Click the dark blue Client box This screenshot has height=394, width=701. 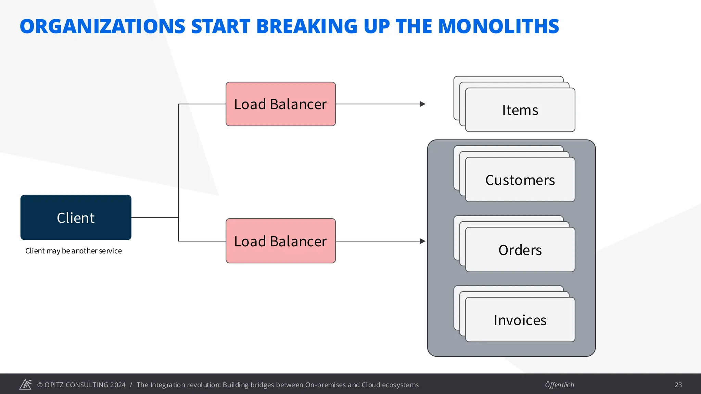[x=76, y=218]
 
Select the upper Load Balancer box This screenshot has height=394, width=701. [x=280, y=104]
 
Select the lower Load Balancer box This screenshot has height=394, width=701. [x=280, y=241]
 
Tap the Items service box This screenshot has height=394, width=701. [x=520, y=110]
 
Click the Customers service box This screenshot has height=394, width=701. [x=520, y=180]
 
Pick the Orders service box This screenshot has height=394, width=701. [x=520, y=250]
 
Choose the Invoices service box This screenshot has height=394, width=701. [x=520, y=320]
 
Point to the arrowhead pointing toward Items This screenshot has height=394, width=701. [x=423, y=104]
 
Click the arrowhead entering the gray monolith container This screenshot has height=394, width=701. [x=423, y=241]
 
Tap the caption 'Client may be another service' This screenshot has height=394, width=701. [x=74, y=251]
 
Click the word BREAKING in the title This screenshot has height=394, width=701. [x=307, y=26]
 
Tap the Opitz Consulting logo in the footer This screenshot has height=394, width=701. [x=25, y=384]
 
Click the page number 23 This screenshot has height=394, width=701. [x=678, y=385]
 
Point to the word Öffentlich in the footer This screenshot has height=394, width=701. [x=559, y=385]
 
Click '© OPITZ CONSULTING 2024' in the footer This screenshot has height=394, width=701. [x=81, y=385]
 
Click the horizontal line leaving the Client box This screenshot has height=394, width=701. [x=155, y=218]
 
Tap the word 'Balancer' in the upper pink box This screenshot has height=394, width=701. [x=298, y=104]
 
